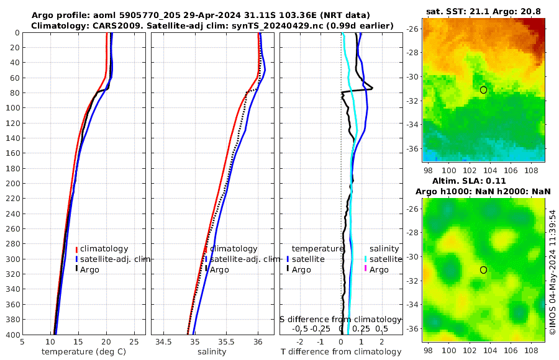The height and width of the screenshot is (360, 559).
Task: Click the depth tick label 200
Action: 12,184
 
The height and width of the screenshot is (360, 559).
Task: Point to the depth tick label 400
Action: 12,335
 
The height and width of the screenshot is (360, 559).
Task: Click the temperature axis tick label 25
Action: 134,341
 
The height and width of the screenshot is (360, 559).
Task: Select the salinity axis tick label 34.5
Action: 163,341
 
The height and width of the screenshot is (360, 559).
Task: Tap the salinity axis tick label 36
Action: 258,341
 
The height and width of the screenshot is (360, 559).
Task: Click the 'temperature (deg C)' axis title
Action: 83,351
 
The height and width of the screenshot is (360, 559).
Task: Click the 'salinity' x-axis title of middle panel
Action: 211,351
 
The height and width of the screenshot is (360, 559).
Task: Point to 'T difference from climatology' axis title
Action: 341,351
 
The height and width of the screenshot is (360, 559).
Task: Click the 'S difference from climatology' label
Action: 341,318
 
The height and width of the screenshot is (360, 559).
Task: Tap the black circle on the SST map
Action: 483,89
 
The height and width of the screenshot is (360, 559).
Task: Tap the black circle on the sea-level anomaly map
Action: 483,270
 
